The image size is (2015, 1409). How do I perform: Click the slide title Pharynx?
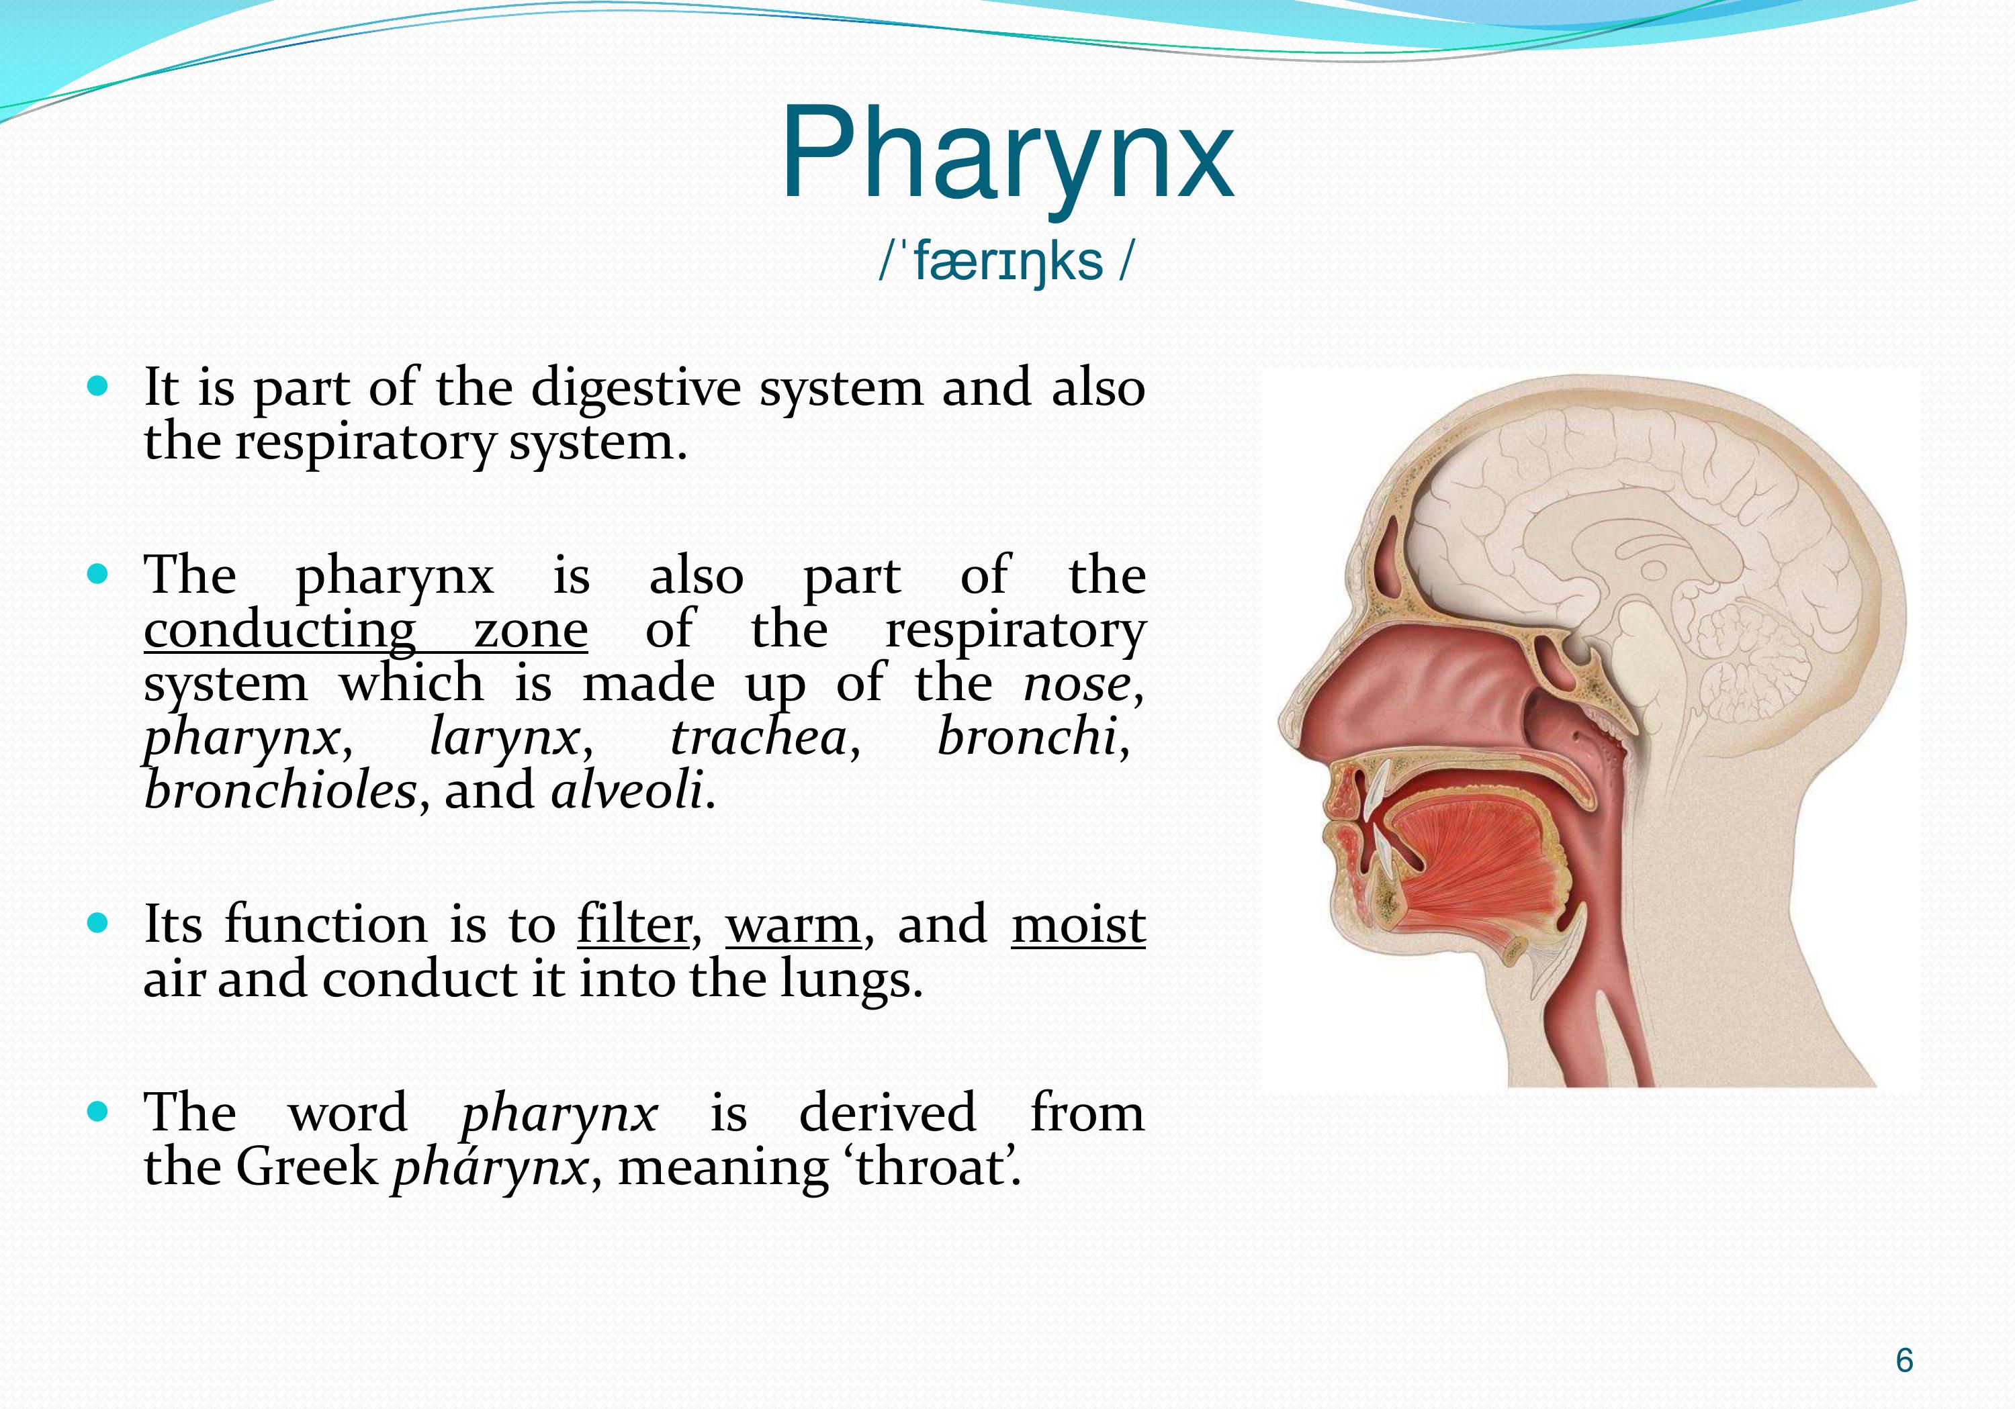point(1007,157)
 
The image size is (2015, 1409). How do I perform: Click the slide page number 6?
point(1904,1360)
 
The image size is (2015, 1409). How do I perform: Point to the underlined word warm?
point(793,927)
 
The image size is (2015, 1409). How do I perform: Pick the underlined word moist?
point(1079,926)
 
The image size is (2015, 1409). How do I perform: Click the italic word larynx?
point(504,738)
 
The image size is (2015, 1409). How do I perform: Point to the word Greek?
point(307,1167)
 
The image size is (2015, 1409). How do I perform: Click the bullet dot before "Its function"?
point(98,924)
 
